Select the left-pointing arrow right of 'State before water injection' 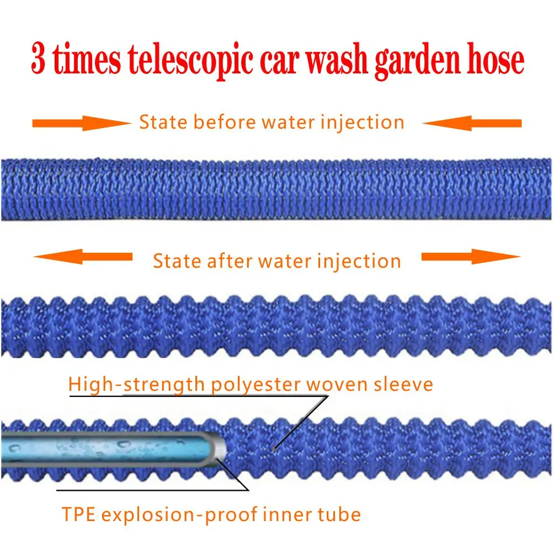click(x=472, y=123)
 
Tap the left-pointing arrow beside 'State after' click(x=83, y=256)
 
